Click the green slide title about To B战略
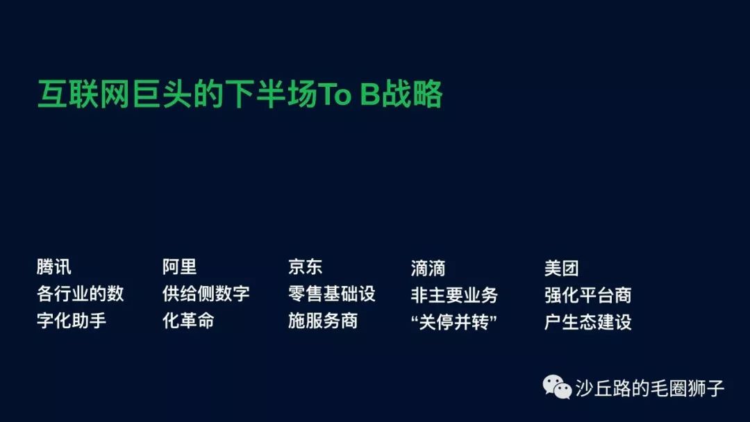[x=240, y=94]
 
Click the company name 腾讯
[x=54, y=267]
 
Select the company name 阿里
[x=179, y=267]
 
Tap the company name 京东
[x=305, y=267]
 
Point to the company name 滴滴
[x=428, y=268]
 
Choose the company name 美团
[x=562, y=268]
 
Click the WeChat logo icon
[x=557, y=387]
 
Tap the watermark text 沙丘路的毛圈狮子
[x=650, y=388]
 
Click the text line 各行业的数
[x=81, y=294]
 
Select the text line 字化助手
[x=72, y=320]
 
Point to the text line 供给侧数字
[x=206, y=294]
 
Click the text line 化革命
[x=188, y=320]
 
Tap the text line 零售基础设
[x=332, y=294]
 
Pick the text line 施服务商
[x=323, y=320]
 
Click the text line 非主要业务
[x=454, y=295]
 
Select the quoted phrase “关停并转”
[x=454, y=322]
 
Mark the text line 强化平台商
[x=588, y=295]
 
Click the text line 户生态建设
[x=588, y=322]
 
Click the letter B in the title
[x=369, y=94]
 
